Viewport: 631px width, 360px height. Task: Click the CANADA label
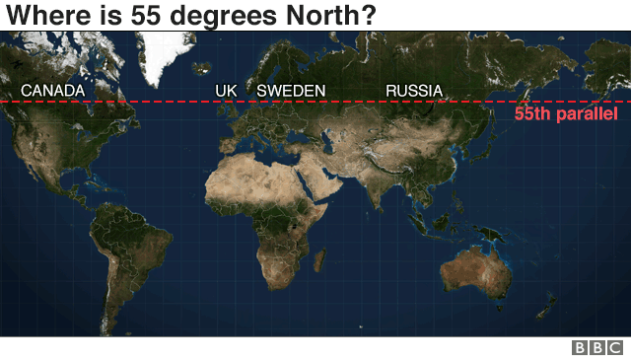tap(52, 91)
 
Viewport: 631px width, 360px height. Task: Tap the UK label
tap(226, 91)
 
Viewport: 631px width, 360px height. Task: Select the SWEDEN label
tap(291, 91)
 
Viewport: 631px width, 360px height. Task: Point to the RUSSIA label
tap(413, 91)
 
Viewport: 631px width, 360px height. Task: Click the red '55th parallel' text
tap(566, 115)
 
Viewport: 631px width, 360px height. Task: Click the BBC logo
tap(597, 347)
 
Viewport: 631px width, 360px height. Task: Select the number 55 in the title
tap(149, 15)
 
